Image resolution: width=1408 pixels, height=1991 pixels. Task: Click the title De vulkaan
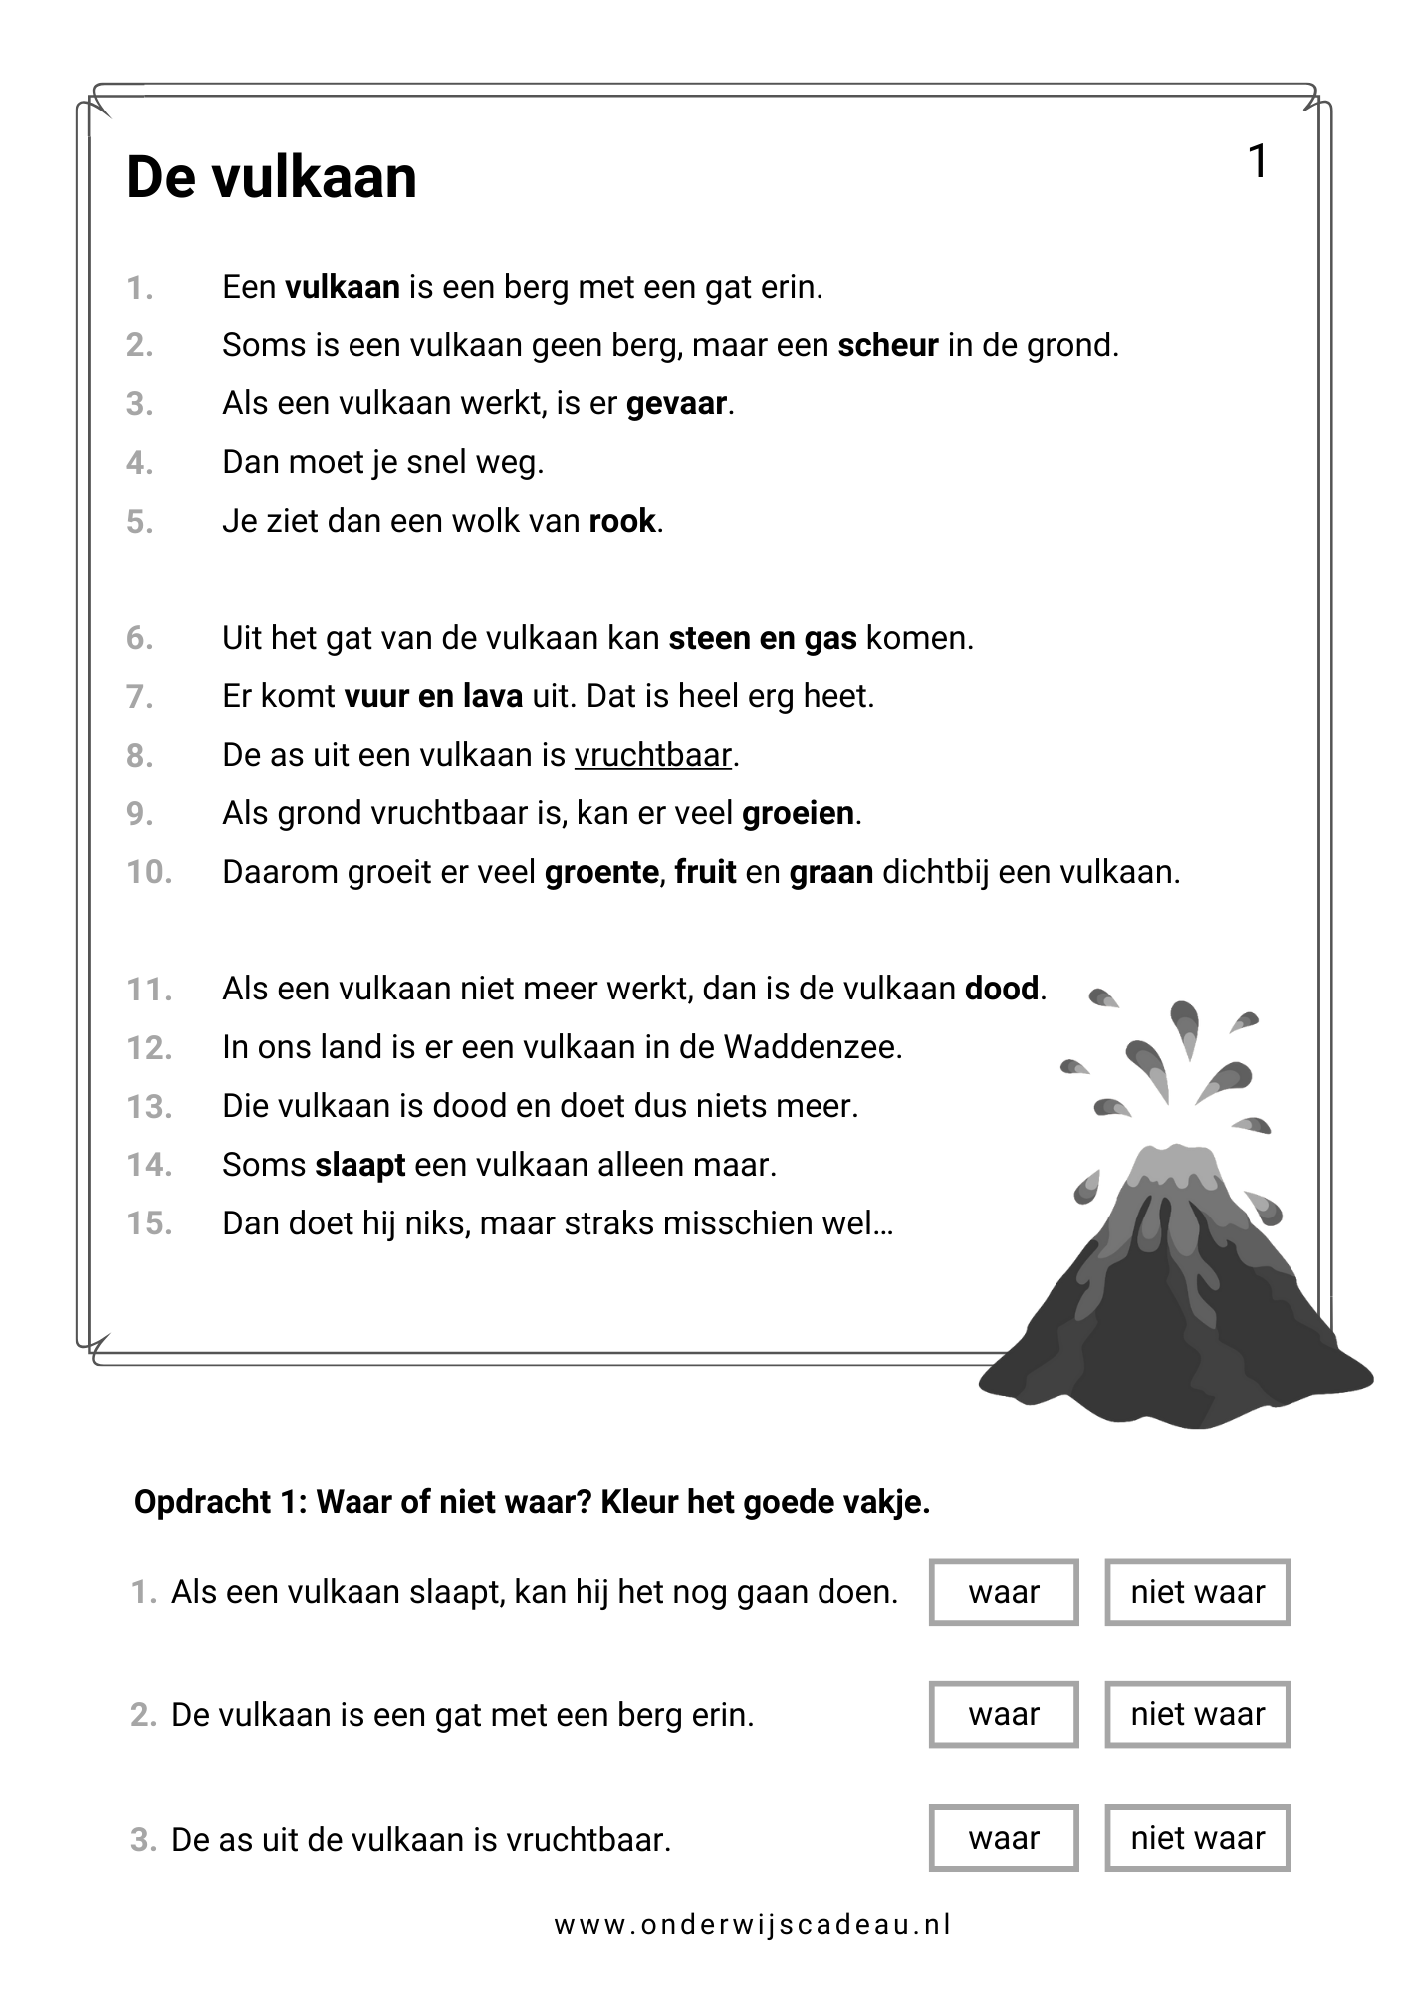click(x=272, y=179)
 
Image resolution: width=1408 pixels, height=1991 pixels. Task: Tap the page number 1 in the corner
click(x=1258, y=162)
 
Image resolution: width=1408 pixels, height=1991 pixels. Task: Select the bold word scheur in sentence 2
click(x=888, y=346)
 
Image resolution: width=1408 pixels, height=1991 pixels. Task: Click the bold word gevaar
click(x=677, y=405)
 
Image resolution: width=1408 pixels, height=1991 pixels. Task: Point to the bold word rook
click(x=622, y=522)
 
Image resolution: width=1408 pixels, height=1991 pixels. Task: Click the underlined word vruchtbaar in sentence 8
click(x=653, y=756)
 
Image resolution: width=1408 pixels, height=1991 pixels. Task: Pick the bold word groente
click(x=601, y=873)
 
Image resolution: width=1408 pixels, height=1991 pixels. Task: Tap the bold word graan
click(x=830, y=873)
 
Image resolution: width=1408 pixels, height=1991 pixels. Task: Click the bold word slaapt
click(x=360, y=1165)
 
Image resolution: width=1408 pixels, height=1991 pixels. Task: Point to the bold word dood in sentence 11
click(x=1002, y=990)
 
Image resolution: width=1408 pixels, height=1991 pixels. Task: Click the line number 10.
click(x=149, y=873)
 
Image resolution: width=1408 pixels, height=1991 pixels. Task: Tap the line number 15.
click(x=149, y=1223)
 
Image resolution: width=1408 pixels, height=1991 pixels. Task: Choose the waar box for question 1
click(x=1004, y=1592)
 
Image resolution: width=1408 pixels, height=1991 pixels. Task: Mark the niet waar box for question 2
click(x=1197, y=1714)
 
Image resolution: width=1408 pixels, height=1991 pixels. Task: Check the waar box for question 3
click(x=1004, y=1838)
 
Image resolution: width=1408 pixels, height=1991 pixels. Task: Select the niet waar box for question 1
click(x=1197, y=1592)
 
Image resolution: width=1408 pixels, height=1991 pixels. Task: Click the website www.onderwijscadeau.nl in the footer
click(x=753, y=1925)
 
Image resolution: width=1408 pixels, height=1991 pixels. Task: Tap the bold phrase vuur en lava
click(x=433, y=697)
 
